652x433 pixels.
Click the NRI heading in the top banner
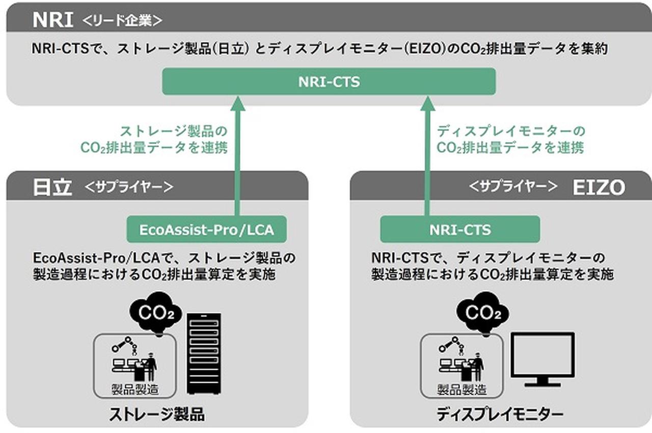53,20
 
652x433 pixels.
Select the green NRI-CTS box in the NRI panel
329,82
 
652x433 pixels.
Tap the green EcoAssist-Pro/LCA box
206,230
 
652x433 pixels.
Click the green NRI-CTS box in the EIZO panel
459,230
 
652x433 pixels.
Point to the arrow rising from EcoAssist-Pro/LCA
237,158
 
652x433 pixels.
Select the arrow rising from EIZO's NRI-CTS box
427,158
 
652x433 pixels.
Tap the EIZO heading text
598,188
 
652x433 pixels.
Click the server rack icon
204,353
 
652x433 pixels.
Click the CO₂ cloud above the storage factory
155,313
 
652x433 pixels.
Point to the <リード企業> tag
122,20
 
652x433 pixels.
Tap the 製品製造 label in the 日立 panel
134,390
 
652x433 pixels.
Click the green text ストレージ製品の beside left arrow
173,131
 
